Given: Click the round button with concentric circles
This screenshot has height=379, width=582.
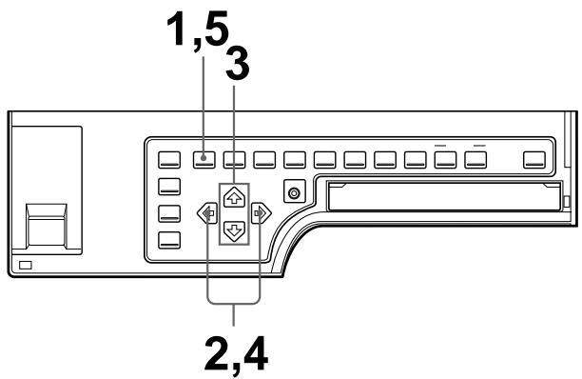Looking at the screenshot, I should [295, 193].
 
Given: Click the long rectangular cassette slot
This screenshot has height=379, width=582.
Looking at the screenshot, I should [442, 198].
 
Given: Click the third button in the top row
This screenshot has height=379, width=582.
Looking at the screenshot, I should [233, 159].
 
